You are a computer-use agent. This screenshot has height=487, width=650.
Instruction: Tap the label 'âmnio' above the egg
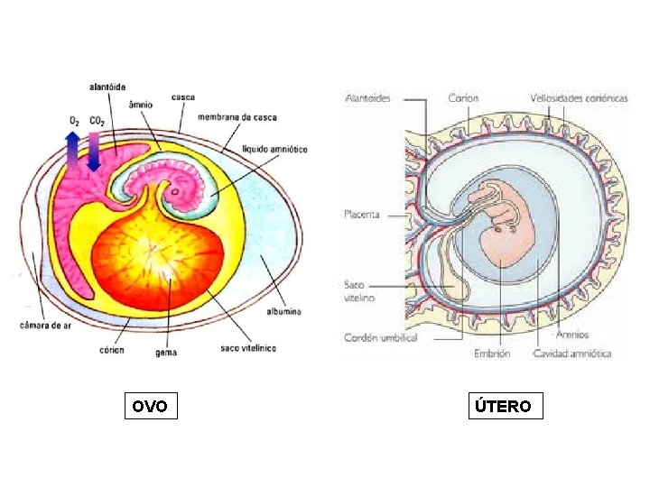pos(140,104)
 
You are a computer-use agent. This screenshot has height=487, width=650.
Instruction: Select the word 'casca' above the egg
pos(183,97)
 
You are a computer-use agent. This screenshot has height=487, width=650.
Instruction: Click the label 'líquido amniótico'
pos(275,148)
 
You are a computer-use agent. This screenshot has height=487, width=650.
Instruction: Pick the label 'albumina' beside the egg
pos(283,310)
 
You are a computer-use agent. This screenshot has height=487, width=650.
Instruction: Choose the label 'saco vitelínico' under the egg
pos(248,347)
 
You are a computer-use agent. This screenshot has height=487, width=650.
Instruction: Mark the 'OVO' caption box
pos(150,407)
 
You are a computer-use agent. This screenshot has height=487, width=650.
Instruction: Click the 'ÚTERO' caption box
pos(505,407)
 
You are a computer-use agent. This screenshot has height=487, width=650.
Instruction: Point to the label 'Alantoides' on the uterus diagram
pos(368,97)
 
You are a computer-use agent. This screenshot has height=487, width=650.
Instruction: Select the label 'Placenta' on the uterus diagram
pos(362,215)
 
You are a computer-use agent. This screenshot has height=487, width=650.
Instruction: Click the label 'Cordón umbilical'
pos(380,337)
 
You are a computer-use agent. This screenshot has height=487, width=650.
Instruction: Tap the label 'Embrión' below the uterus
pos(492,354)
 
